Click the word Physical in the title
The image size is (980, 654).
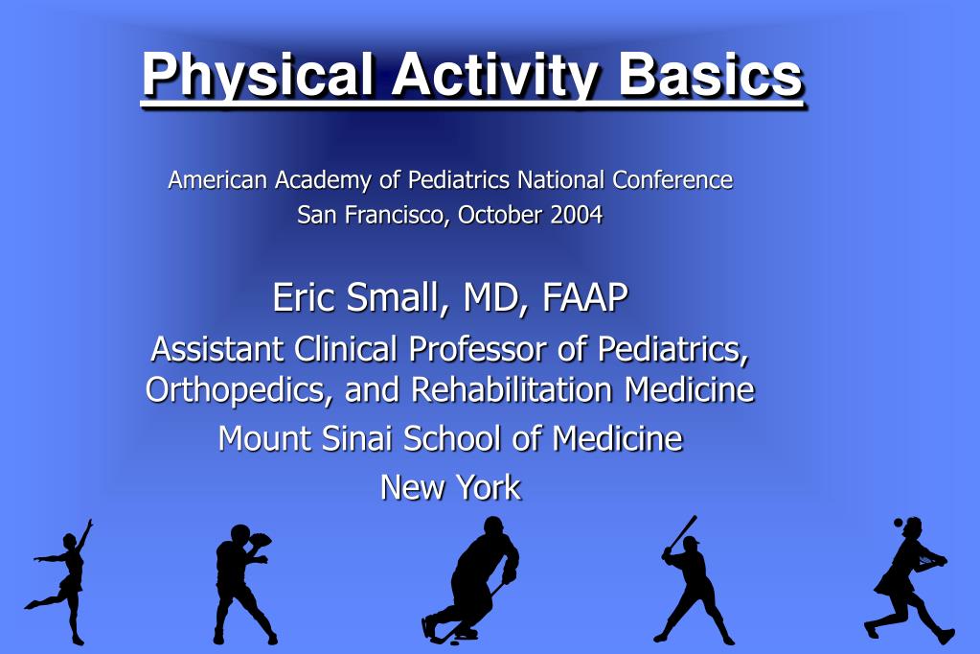[258, 76]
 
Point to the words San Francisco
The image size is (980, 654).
[371, 216]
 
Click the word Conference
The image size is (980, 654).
[672, 179]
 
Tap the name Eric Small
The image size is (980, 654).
[356, 297]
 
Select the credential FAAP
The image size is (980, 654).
[585, 297]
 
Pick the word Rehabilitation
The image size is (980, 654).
[512, 389]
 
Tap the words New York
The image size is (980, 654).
[450, 487]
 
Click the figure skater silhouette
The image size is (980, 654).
[61, 581]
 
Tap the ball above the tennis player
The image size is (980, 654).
[899, 522]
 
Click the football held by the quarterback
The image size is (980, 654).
[262, 540]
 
